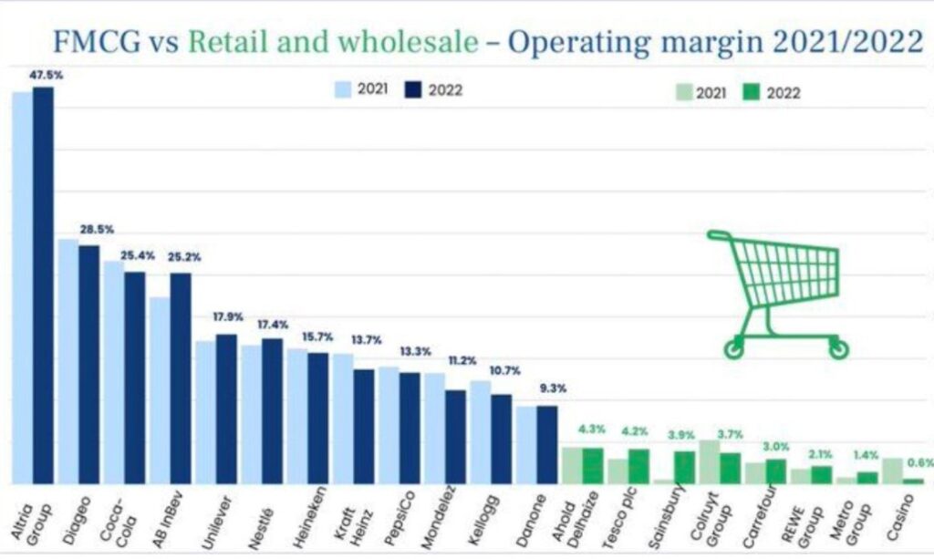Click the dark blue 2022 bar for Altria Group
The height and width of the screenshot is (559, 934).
44,283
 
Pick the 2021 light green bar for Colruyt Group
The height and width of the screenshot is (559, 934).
709,461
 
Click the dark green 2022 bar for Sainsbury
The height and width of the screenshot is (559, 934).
684,467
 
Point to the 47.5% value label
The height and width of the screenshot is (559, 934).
46,76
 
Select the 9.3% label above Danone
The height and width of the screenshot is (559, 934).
548,388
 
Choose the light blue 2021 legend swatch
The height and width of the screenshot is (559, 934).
343,89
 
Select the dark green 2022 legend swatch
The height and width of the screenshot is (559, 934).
751,92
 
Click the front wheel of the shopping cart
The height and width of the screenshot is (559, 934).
734,348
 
